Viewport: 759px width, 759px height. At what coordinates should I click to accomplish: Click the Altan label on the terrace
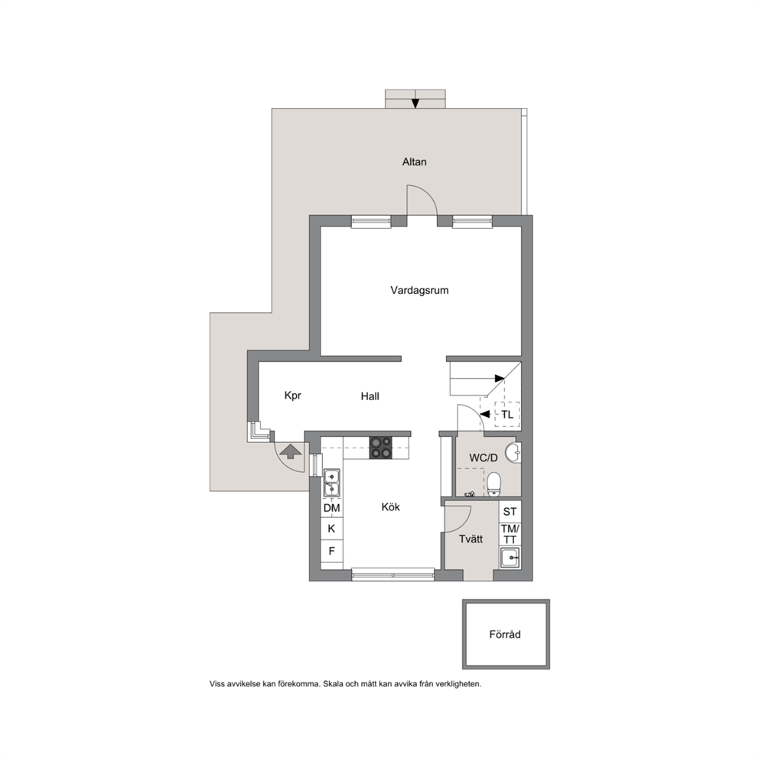(415, 161)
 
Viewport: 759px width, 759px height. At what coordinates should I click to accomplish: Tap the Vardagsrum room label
(420, 291)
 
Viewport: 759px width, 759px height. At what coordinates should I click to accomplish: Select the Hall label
(370, 396)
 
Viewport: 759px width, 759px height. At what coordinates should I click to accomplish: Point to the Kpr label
(293, 396)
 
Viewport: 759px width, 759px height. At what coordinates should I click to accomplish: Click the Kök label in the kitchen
(391, 507)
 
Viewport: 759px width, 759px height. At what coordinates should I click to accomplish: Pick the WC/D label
(483, 458)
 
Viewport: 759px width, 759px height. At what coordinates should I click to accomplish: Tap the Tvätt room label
(471, 539)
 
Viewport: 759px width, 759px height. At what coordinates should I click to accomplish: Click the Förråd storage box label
(505, 634)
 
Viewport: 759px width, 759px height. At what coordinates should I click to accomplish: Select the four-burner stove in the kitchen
(381, 448)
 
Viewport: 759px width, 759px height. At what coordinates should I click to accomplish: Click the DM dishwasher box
(331, 508)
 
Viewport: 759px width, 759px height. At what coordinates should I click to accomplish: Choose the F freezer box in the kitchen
(331, 551)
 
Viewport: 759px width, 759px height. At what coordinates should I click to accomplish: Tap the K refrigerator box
(331, 529)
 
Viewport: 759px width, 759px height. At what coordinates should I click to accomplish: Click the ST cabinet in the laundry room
(510, 512)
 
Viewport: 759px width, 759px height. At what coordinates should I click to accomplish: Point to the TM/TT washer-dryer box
(510, 534)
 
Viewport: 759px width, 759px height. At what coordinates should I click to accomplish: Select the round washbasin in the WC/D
(513, 453)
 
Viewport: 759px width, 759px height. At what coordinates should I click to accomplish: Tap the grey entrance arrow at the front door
(291, 451)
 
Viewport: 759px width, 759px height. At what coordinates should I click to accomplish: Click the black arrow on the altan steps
(415, 103)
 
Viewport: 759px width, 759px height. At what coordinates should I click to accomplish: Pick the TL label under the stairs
(507, 415)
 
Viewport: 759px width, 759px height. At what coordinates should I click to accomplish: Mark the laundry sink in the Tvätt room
(510, 558)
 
